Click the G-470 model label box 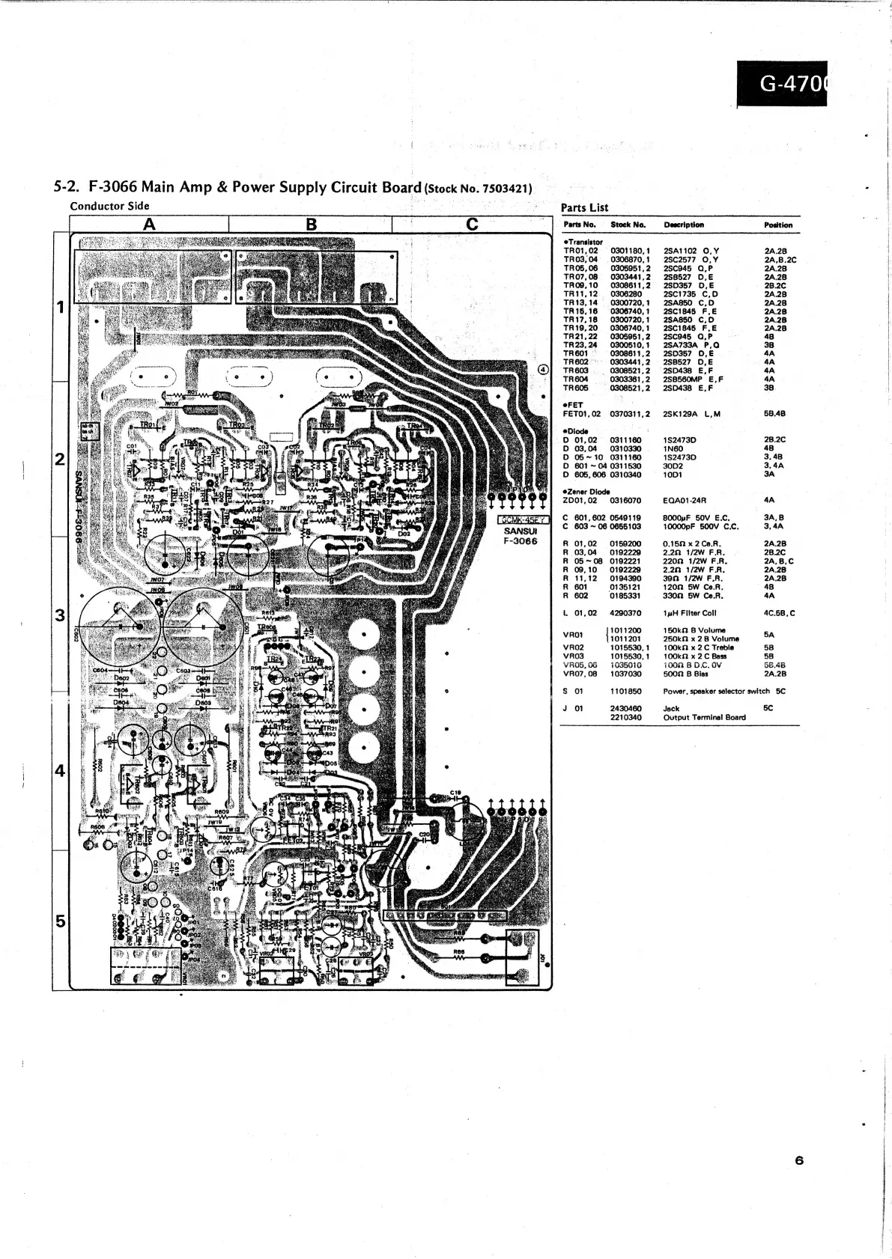coord(783,85)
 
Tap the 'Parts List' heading coord(584,207)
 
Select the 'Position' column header coord(777,225)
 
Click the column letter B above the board coord(311,224)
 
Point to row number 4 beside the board coord(61,771)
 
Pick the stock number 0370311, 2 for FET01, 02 coord(631,414)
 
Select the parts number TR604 coord(576,379)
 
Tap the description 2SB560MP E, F coord(694,379)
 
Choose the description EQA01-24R coord(685,500)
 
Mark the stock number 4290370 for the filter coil coord(626,613)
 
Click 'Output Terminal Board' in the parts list coord(704,717)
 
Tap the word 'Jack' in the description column coord(671,708)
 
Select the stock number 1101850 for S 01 coord(626,691)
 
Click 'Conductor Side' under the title coord(109,206)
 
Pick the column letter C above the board coord(472,224)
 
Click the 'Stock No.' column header coord(628,225)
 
